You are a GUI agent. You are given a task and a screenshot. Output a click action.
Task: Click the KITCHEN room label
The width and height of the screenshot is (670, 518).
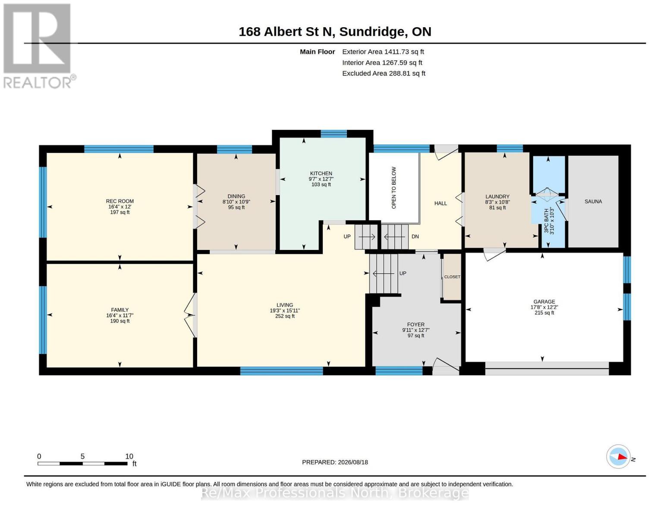pos(321,174)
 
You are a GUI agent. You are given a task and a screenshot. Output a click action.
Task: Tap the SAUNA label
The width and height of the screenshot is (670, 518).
pos(593,202)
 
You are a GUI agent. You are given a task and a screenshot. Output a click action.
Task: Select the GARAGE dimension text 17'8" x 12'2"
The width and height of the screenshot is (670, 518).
pos(544,307)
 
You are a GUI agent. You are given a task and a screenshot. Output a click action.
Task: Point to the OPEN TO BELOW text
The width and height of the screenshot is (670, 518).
pos(394,188)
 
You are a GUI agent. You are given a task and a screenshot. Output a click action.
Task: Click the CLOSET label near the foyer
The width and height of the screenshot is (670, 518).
pos(452,277)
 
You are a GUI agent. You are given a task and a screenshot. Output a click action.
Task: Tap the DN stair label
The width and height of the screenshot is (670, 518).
pos(415,237)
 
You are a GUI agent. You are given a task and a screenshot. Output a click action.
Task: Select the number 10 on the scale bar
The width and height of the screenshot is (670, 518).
pos(129,456)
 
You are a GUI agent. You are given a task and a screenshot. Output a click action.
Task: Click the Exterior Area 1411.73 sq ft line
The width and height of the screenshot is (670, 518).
pos(383,52)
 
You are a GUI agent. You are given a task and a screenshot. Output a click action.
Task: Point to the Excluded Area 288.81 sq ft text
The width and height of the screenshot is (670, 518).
pos(384,73)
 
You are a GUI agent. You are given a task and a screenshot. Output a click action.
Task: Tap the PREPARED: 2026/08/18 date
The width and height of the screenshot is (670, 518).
pos(335,462)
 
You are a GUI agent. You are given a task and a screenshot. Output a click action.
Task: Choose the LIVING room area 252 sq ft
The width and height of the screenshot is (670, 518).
pos(285,316)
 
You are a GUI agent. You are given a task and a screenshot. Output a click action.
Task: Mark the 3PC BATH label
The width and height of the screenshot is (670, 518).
pos(546,221)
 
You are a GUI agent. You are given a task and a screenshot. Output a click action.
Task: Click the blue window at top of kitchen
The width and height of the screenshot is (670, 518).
pos(333,134)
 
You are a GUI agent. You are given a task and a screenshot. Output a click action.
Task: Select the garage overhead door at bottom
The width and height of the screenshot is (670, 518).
pos(547,368)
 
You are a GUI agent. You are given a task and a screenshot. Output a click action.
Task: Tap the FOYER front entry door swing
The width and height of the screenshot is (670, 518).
pos(446,366)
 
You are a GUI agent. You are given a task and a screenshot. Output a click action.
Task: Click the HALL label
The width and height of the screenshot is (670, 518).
pos(440,203)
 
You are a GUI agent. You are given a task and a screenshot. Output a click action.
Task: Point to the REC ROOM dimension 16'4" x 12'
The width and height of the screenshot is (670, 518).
pos(120,207)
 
